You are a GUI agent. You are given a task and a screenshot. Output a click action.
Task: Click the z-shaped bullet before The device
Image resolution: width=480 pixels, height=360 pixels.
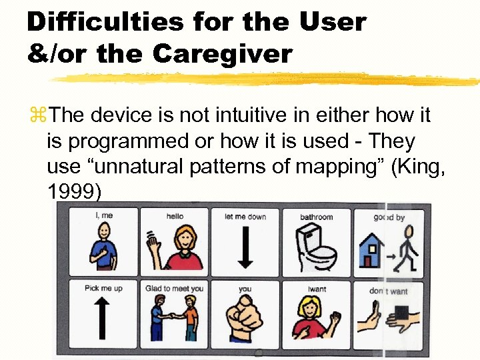[37, 116]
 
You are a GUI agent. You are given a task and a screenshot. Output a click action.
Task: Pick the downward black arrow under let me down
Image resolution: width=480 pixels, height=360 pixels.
[245, 246]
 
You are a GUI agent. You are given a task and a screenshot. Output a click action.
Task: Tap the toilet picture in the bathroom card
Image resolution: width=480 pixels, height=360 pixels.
[316, 247]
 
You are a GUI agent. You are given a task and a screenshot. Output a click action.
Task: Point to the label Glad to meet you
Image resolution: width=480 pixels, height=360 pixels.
[174, 289]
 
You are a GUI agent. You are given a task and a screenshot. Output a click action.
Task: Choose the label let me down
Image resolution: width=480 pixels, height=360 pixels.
[245, 217]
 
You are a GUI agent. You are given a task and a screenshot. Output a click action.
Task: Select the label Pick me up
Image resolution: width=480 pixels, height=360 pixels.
[103, 289]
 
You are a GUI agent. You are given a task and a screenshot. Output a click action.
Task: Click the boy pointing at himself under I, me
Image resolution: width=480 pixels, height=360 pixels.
[104, 247]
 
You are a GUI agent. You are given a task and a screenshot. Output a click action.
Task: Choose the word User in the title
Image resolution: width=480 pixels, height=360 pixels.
[332, 21]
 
